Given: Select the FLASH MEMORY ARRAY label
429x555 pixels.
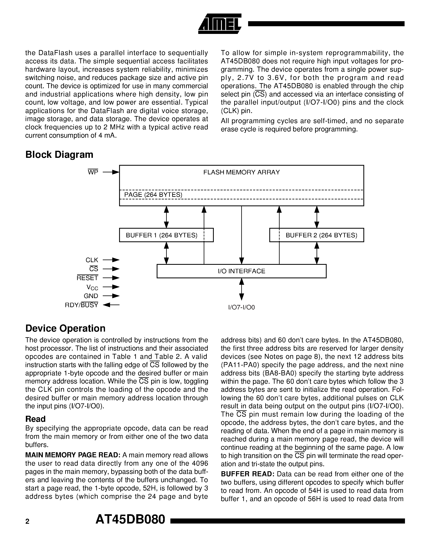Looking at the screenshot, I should click(241, 172).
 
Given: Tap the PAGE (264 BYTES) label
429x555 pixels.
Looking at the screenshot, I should click(153, 195).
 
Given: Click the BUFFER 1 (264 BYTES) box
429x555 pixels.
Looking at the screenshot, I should click(166, 235).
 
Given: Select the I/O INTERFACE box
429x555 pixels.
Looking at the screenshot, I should click(241, 271).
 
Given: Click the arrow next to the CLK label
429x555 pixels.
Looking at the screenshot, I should click(111, 260).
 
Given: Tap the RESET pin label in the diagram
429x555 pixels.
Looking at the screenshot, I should click(87, 278).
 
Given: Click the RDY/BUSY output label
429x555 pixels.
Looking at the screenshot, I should click(81, 305).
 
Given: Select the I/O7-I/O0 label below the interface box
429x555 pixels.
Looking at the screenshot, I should click(241, 308).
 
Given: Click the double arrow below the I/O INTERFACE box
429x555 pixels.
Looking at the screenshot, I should click(241, 289).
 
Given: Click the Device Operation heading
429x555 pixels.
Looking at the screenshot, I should click(65, 328).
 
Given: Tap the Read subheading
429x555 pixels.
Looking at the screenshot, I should click(35, 419).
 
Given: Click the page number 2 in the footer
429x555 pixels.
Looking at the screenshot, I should click(27, 521).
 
